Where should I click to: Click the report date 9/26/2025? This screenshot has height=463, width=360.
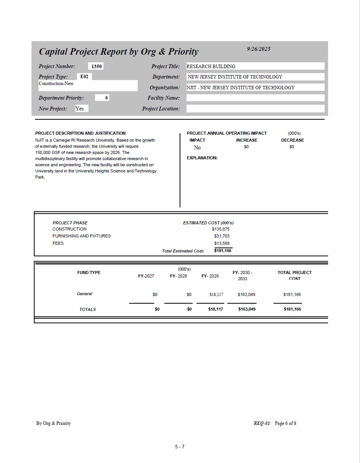258,49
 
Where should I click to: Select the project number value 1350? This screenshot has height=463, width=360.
97,66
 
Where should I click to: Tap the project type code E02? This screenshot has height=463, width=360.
84,77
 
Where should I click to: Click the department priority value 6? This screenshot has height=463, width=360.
107,98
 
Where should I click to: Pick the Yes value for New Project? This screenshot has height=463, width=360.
80,109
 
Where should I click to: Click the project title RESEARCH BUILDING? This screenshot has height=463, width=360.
211,66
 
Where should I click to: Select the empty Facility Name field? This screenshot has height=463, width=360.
255,98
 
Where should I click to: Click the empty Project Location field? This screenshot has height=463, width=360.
255,109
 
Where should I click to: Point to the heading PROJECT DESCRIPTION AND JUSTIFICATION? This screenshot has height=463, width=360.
80,133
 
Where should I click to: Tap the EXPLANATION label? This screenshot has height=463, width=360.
202,158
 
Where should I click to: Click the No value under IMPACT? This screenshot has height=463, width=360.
197,147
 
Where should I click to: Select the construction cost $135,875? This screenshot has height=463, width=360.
221,229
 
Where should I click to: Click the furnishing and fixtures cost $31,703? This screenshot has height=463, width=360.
222,236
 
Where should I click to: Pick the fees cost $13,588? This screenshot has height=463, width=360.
222,243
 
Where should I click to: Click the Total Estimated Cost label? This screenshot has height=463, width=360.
183,251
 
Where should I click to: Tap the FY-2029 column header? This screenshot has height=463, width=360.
210,276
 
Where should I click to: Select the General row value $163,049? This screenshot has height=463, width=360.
247,294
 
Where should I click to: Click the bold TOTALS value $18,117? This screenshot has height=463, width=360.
215,309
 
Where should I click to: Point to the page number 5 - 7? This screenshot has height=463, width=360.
180,447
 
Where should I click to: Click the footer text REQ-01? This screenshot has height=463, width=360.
262,423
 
